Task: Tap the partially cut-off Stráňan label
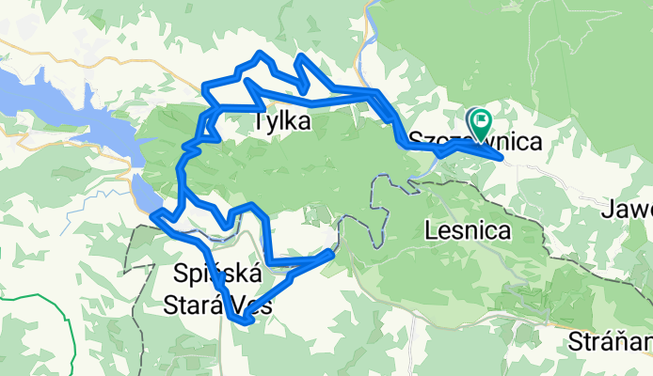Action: [610, 341]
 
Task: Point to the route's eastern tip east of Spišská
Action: [331, 252]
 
